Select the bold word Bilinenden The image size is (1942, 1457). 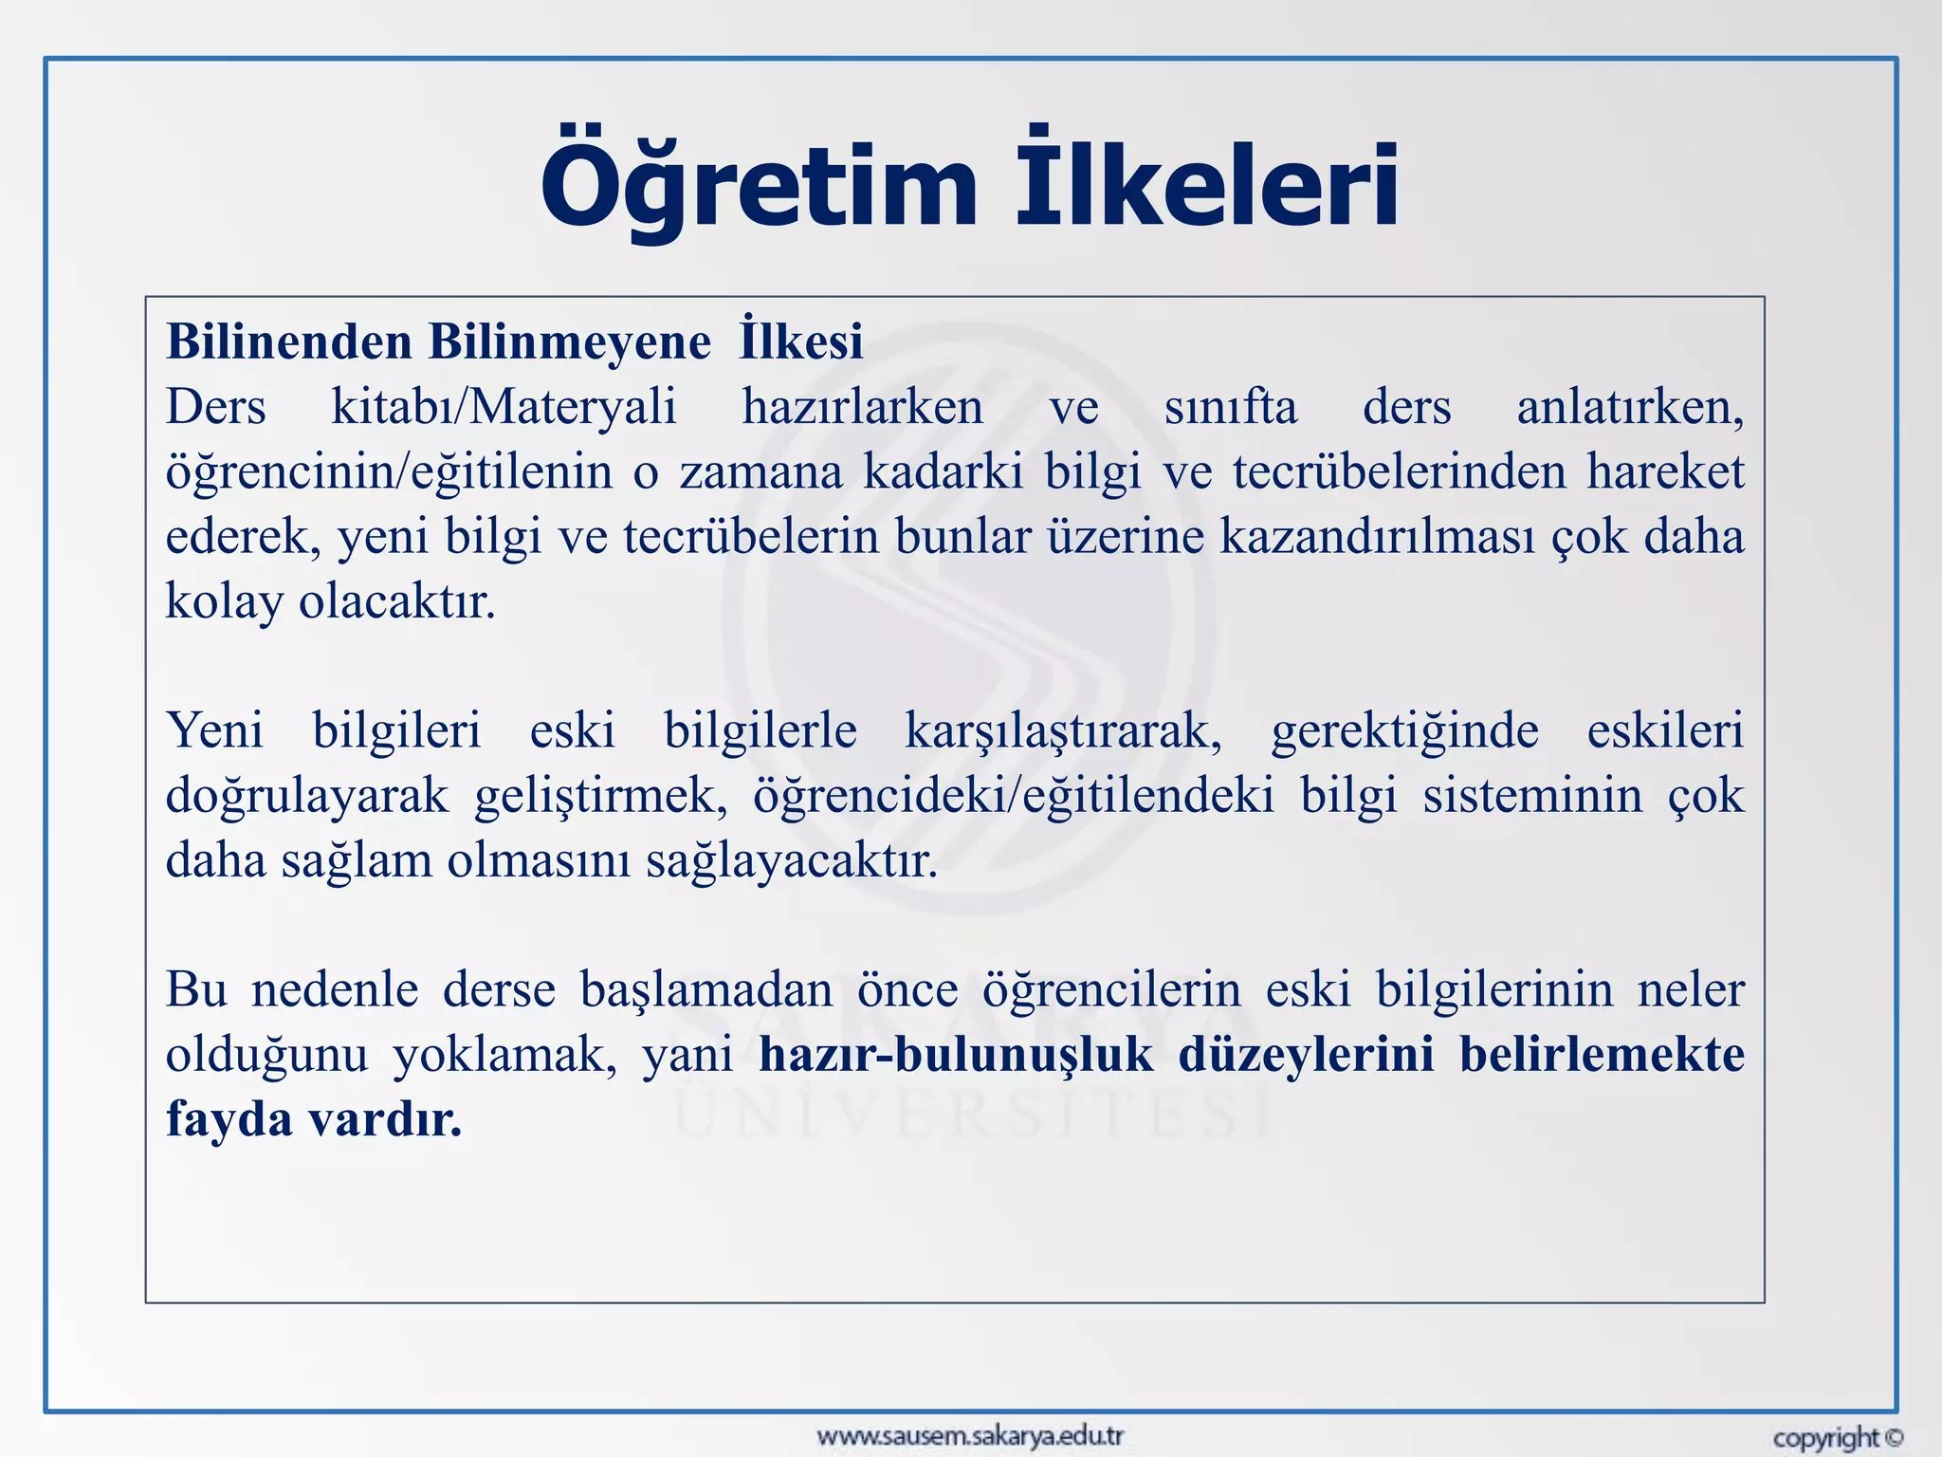point(289,341)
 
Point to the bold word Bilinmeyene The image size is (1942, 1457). point(569,341)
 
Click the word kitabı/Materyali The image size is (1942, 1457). point(504,408)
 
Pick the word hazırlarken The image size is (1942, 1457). point(862,408)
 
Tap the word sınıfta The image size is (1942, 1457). point(1230,408)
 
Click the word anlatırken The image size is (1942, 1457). point(1629,408)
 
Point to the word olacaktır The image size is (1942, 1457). point(397,601)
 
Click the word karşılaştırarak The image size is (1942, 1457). point(1063,731)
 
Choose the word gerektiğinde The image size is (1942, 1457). point(1404,731)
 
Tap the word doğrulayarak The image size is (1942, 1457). point(307,796)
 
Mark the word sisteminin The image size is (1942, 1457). point(1532,796)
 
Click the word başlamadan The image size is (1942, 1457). point(706,990)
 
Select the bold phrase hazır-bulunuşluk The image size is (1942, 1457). point(956,1055)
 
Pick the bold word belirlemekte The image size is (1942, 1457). point(1602,1055)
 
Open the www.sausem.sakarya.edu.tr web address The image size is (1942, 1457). point(970,1435)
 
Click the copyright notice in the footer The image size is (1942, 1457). point(1838,1438)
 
